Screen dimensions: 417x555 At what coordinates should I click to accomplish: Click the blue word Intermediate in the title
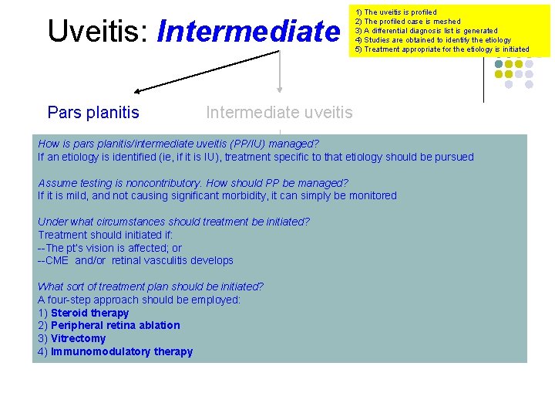tap(247, 32)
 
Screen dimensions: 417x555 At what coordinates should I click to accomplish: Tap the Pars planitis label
tap(93, 113)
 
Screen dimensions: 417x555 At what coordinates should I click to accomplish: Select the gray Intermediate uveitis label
tap(279, 113)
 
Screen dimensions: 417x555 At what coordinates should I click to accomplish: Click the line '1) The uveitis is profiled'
tap(395, 12)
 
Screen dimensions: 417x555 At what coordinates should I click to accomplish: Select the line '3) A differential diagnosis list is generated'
tap(425, 31)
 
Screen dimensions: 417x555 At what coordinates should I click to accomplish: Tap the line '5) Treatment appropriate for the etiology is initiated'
tap(442, 49)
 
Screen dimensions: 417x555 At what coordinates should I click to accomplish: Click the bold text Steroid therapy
tap(89, 313)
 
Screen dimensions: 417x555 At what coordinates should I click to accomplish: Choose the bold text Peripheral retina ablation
tap(115, 326)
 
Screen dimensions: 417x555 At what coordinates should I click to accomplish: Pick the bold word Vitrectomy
tap(78, 339)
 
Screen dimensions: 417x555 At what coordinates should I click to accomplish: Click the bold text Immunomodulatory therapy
tap(121, 352)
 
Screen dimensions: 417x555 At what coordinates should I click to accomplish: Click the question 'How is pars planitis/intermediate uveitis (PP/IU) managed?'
tap(178, 144)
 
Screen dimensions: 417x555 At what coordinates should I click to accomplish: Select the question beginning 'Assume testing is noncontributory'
tap(193, 183)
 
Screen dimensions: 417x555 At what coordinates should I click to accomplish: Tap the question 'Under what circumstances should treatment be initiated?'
tap(173, 222)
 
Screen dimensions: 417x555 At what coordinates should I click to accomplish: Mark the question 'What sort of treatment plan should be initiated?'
tap(150, 286)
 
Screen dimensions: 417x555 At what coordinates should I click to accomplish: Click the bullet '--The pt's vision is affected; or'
tap(109, 248)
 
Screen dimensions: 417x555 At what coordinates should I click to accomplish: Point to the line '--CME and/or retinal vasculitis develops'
tap(135, 261)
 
